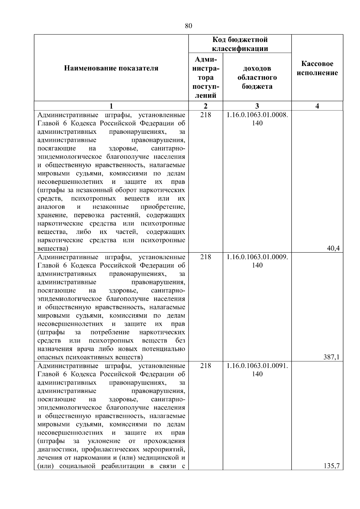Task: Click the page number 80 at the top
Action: point(188,26)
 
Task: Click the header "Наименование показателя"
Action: point(111,68)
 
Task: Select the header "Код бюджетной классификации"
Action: point(240,44)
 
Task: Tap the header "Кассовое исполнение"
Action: point(317,68)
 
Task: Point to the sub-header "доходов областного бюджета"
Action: point(257,78)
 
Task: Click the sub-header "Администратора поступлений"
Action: point(205,78)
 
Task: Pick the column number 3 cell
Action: point(257,106)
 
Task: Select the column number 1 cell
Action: point(111,106)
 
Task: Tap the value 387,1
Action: point(333,357)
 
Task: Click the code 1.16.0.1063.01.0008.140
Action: point(257,119)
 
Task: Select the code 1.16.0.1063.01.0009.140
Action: point(257,261)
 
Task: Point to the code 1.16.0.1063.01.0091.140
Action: point(257,370)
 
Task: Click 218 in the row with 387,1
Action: point(205,257)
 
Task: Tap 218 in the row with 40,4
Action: point(205,115)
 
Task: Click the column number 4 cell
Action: point(317,106)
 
